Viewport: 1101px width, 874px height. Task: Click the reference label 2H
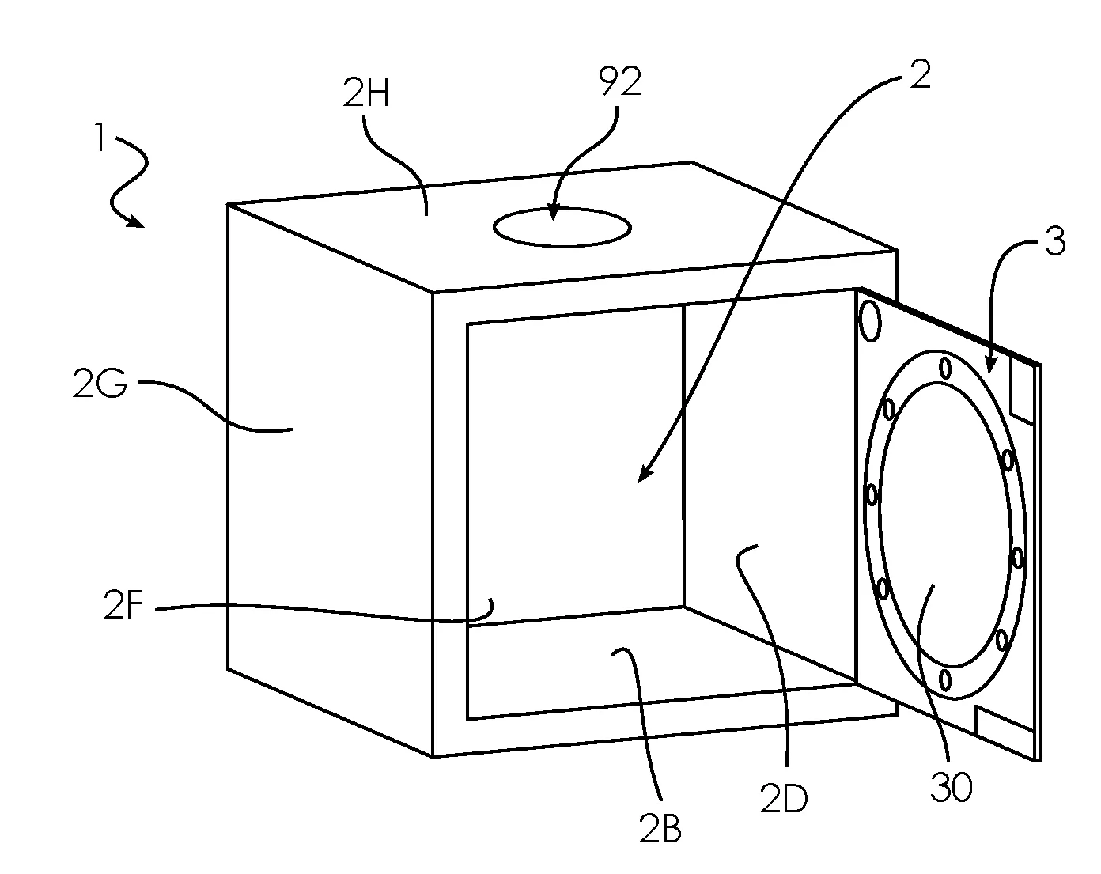click(365, 93)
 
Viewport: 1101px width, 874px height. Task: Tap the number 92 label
click(621, 81)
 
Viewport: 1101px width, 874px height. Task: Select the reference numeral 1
click(100, 138)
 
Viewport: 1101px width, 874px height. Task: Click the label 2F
click(123, 605)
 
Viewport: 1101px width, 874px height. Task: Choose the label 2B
click(660, 828)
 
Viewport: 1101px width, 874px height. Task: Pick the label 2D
click(783, 799)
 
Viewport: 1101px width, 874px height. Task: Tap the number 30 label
click(951, 788)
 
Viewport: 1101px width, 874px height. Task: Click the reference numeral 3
click(1055, 241)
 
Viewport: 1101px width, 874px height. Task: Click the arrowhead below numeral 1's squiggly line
click(136, 221)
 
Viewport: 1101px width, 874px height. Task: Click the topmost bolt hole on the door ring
click(946, 369)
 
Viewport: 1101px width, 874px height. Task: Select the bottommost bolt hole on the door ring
click(945, 680)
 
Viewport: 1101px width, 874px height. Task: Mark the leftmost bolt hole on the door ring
click(872, 495)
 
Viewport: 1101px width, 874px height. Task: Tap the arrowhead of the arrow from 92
click(552, 212)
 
